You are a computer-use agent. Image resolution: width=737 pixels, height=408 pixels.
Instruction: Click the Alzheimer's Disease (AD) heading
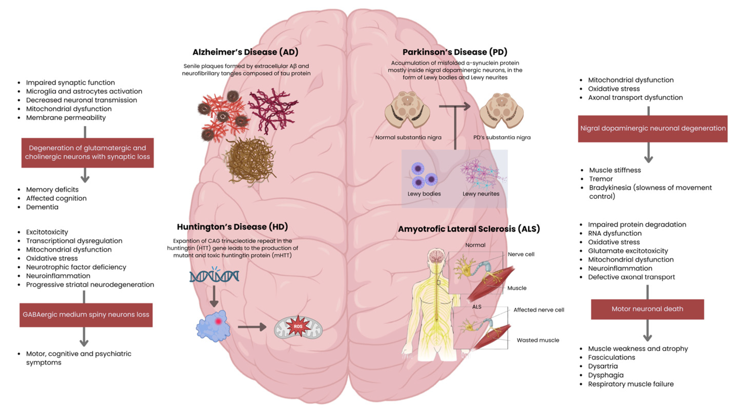click(x=245, y=52)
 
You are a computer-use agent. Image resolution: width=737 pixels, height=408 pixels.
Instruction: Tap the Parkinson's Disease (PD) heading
click(x=455, y=52)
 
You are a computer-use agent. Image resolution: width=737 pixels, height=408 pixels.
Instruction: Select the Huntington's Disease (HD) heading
click(x=232, y=227)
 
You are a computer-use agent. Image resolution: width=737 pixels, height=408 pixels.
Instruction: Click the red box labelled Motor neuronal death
click(x=647, y=309)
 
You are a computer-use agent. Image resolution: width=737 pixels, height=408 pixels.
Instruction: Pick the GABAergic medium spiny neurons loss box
click(x=86, y=315)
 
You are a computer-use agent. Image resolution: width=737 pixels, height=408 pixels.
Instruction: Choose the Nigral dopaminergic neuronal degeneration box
click(x=653, y=129)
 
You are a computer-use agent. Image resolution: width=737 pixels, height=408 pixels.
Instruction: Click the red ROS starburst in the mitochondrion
click(x=298, y=326)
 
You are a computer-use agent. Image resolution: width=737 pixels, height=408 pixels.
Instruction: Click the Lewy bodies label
click(x=424, y=194)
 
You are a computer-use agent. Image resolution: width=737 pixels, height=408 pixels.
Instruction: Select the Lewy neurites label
click(x=481, y=194)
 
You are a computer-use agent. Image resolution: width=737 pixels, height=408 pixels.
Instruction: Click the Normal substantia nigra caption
click(x=408, y=138)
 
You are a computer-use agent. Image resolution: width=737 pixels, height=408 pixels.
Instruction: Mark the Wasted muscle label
click(x=538, y=340)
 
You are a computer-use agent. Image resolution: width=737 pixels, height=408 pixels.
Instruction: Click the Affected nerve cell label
click(x=539, y=310)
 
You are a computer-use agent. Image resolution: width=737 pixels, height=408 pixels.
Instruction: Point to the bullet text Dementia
click(x=42, y=207)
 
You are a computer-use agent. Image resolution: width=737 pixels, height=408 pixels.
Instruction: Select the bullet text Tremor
click(x=601, y=179)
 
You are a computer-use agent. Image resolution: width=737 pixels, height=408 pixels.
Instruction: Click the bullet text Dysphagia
click(x=606, y=375)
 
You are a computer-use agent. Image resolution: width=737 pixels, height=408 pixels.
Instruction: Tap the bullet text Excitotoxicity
click(x=47, y=232)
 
